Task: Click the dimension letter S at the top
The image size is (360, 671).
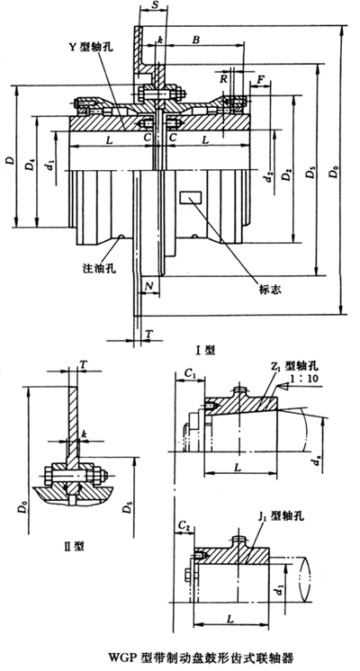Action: click(157, 7)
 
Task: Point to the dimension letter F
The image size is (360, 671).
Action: click(261, 81)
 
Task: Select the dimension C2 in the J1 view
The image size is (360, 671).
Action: click(184, 523)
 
